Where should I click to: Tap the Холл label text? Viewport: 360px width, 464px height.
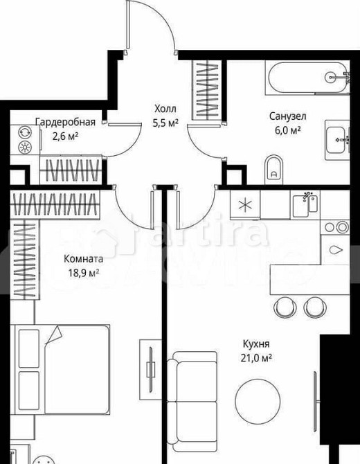pos(165,109)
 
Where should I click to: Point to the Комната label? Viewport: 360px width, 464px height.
pos(83,259)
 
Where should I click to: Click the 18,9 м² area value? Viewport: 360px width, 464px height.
pos(83,272)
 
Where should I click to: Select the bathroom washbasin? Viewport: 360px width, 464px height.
pos(339,139)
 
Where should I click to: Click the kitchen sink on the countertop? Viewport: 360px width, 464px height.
pos(305,204)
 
